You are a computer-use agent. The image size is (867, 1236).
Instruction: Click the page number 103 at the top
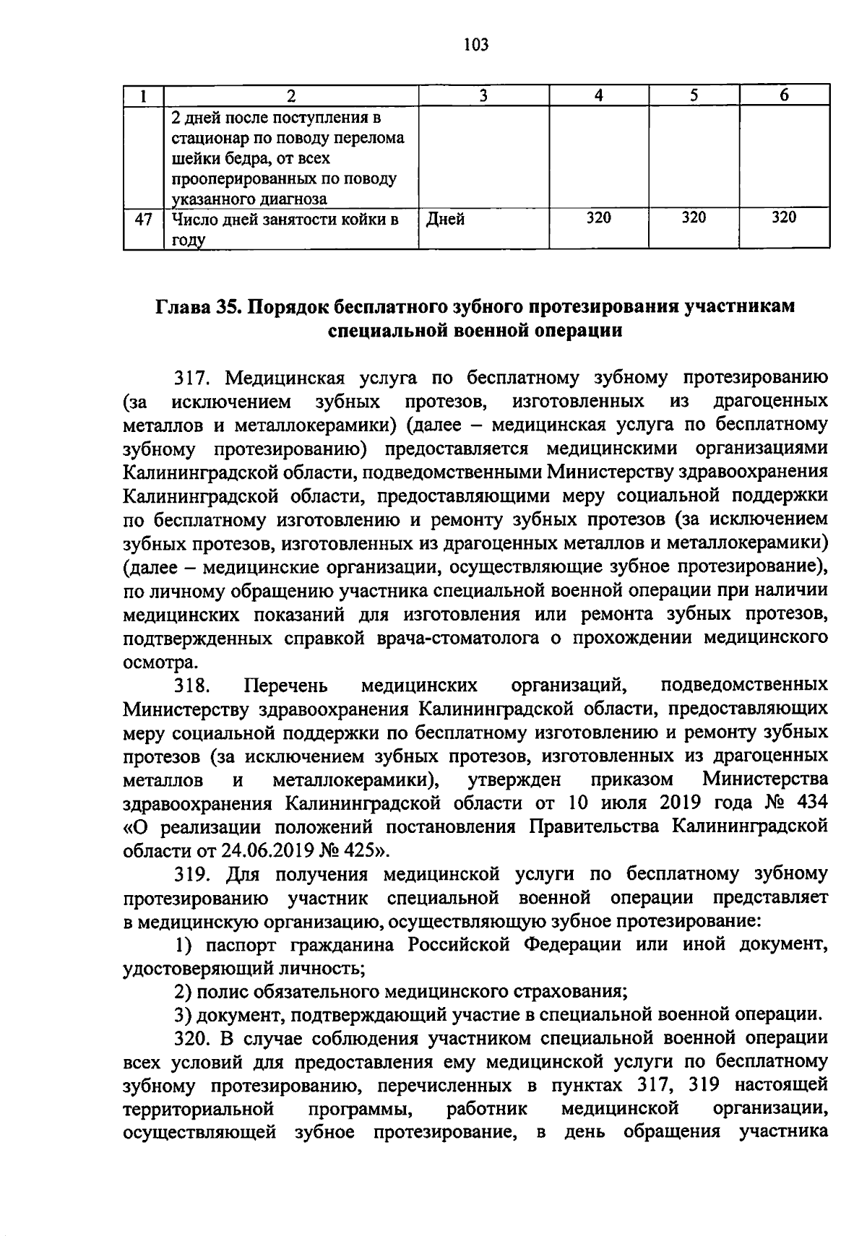click(475, 46)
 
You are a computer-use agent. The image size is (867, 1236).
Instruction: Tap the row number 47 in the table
click(144, 219)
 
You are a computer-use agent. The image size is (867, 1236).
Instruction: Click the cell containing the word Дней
click(445, 219)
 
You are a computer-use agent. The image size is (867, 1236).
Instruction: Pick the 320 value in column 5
click(694, 217)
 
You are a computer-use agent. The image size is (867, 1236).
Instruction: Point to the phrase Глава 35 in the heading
click(198, 306)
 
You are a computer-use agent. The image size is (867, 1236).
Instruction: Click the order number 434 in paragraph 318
click(810, 803)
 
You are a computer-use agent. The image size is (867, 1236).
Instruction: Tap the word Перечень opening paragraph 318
click(286, 685)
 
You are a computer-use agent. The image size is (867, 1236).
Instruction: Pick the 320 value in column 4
click(598, 217)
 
